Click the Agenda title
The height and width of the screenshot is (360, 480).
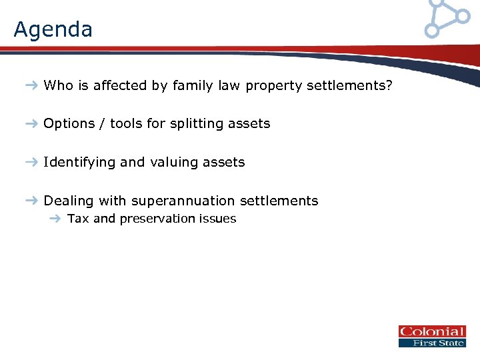point(53,29)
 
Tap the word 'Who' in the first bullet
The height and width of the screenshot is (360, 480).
point(57,85)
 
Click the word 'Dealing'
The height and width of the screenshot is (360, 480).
point(69,201)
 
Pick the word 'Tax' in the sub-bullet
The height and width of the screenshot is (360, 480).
point(78,219)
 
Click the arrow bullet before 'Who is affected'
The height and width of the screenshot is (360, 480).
point(32,85)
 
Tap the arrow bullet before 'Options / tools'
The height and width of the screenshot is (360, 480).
point(32,124)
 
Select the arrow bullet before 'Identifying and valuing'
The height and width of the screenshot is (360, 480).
point(32,163)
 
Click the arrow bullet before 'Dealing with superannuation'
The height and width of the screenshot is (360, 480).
point(32,201)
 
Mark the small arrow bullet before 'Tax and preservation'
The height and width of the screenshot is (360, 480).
point(56,219)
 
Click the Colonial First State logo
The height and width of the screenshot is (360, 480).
point(431,336)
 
